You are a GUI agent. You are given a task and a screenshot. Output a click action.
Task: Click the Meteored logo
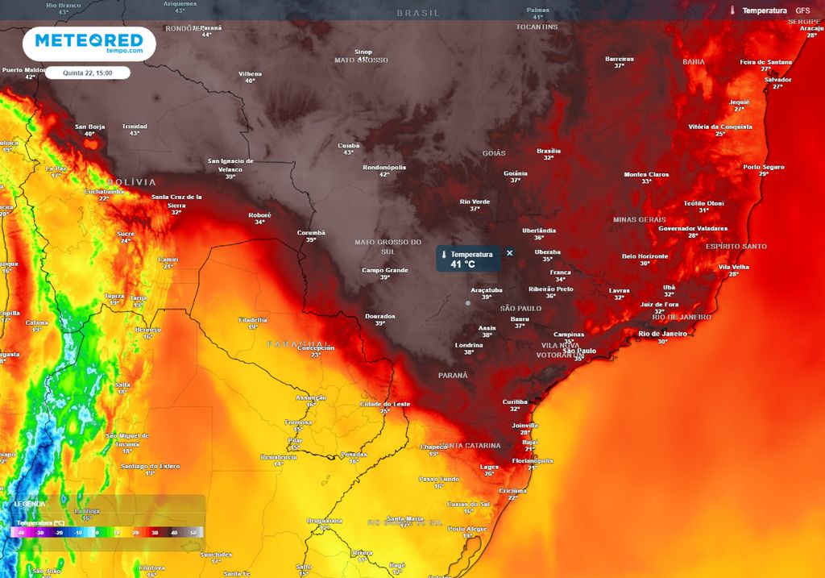point(89,44)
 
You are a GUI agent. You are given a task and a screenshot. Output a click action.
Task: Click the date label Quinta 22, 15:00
point(88,73)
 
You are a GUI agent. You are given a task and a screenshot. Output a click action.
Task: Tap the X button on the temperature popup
point(509,253)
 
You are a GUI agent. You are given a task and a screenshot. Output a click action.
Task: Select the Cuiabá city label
point(349,145)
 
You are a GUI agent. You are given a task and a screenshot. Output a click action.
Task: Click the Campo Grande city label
point(386,270)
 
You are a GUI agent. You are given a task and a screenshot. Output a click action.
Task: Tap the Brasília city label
point(549,151)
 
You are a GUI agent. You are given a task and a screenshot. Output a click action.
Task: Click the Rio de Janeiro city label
point(662,333)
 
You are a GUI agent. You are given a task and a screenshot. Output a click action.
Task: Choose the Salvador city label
point(777,80)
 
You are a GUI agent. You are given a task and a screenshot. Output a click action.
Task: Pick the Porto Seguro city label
point(763,167)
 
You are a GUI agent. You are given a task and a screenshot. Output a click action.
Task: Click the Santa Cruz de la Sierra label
point(176,201)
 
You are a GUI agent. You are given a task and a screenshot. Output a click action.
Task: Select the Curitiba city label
point(515,401)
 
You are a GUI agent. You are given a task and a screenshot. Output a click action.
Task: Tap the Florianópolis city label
point(533,461)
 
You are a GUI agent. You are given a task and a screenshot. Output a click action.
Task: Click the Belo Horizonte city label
point(645,256)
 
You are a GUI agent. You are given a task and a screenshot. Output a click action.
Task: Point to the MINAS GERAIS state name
point(639,219)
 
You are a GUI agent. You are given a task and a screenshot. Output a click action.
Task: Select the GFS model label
point(802,10)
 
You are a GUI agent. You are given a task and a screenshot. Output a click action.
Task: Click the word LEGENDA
point(30,504)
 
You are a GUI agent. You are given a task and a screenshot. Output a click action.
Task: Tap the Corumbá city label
point(311,232)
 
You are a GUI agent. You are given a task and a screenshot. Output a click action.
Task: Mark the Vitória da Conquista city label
point(720,127)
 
